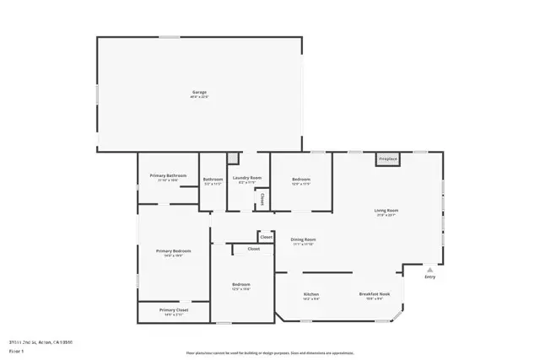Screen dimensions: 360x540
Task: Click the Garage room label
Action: click(x=199, y=92)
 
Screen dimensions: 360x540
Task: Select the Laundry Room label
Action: click(x=247, y=178)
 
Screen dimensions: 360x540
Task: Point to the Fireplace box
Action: click(x=387, y=159)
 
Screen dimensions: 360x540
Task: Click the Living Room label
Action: click(x=386, y=210)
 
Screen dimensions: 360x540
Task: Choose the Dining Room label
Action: click(x=303, y=239)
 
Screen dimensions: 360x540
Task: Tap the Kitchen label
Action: click(x=311, y=294)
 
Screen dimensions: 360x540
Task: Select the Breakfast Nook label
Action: click(x=373, y=294)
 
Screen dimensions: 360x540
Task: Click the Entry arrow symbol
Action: click(x=429, y=270)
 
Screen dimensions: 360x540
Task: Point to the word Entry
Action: click(x=430, y=277)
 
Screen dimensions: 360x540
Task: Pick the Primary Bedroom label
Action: click(x=173, y=250)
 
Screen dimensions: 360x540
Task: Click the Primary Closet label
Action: click(x=174, y=310)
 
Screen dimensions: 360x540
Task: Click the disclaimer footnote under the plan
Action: click(x=271, y=353)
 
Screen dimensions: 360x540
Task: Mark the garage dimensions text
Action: click(x=199, y=97)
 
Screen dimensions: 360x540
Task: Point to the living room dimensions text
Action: click(x=386, y=215)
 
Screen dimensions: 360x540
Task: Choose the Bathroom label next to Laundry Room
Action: click(x=213, y=179)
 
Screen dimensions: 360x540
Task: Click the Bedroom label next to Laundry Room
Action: click(x=301, y=179)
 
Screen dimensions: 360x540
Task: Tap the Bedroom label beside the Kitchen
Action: click(x=241, y=285)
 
